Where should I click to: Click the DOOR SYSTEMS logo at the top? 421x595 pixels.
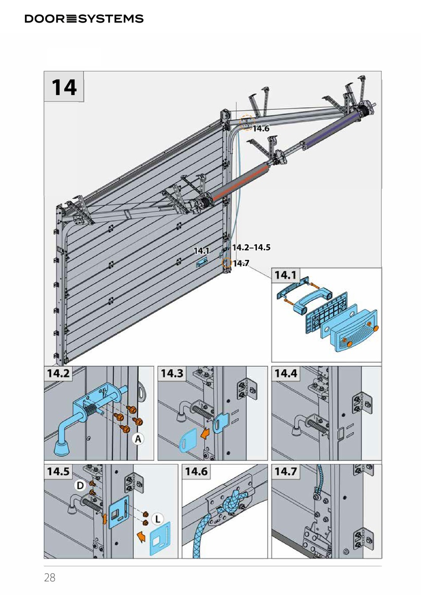coord(84,19)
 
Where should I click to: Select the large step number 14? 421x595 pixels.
coord(64,87)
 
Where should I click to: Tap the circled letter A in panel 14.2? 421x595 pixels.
coord(138,439)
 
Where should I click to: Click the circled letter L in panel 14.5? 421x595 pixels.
coord(157,519)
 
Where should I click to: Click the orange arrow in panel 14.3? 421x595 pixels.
coord(204,434)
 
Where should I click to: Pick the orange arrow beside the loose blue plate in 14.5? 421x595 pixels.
coord(141,536)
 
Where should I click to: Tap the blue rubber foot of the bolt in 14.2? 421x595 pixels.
coord(62,448)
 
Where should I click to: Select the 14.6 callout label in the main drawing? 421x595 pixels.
coord(261,128)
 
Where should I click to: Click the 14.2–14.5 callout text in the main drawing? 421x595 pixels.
coord(251,247)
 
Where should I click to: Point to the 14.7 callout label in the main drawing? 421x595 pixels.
coord(241,263)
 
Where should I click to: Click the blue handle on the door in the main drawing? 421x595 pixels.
coord(202,263)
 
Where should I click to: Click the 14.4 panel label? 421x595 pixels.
coord(285,373)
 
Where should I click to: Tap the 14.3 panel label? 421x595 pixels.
coord(172,373)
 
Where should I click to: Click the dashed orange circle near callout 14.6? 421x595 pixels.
coord(247,122)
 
